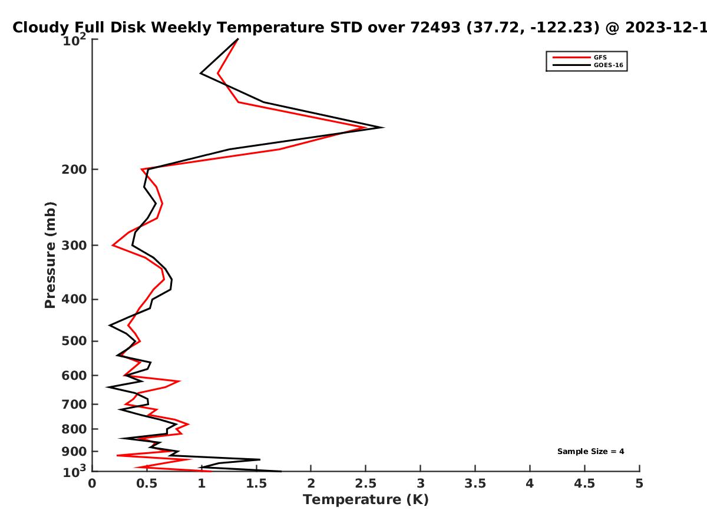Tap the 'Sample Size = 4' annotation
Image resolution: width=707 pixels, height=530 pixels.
pos(590,452)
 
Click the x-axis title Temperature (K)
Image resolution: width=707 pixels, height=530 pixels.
pos(366,499)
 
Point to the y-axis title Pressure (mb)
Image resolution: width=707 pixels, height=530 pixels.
pos(50,255)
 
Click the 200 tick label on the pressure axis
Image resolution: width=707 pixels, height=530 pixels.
pos(74,169)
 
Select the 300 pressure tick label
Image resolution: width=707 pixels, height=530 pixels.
pos(74,246)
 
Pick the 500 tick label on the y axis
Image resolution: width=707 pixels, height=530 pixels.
pos(74,341)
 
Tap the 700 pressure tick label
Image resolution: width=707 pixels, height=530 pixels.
pos(74,404)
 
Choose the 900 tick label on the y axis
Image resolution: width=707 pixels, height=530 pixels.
pos(74,452)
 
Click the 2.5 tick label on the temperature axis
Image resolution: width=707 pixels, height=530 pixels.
pos(366,483)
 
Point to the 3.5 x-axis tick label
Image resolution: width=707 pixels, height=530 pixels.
pos(475,483)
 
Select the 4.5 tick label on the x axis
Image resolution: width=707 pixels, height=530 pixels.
pos(584,483)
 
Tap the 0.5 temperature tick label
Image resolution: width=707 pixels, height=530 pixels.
pos(147,483)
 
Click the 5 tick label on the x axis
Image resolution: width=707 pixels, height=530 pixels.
pos(639,483)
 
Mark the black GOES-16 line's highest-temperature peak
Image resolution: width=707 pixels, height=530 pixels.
pos(384,127)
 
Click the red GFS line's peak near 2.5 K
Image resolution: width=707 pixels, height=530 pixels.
pos(366,127)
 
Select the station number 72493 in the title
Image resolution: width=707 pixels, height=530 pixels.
pos(435,28)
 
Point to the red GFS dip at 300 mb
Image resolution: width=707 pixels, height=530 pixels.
pos(113,245)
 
